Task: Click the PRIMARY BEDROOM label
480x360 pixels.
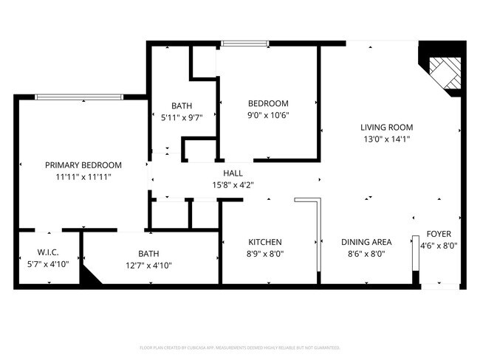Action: (x=83, y=165)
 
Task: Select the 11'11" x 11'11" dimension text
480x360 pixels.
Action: (x=83, y=177)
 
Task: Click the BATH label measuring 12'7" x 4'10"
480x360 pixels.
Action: (x=148, y=253)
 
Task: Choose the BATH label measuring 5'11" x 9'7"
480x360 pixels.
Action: (x=182, y=105)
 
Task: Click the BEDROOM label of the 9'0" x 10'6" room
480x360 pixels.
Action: (x=268, y=103)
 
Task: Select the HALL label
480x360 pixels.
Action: (x=233, y=173)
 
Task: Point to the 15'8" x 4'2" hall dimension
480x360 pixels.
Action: (x=233, y=185)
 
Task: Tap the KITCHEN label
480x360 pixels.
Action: (x=265, y=242)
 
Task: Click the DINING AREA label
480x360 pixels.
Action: (x=366, y=242)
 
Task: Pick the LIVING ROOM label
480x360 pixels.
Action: (x=386, y=127)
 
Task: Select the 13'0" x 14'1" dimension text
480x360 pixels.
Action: (x=386, y=139)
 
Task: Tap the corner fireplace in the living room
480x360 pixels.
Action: (x=443, y=72)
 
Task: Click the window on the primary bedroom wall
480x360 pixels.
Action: (x=79, y=97)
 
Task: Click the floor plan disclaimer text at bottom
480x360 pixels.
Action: (x=239, y=347)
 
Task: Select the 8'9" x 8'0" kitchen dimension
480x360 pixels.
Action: (x=265, y=254)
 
